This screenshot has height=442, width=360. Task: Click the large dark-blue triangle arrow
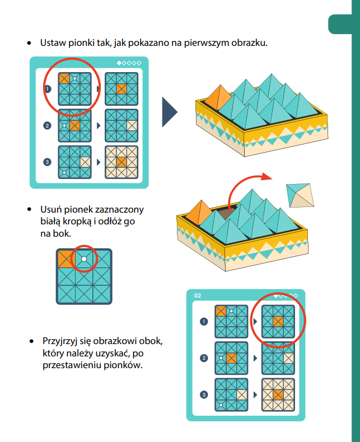[169, 111]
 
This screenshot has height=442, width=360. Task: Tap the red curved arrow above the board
[247, 182]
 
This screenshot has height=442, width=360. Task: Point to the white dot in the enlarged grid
[83, 260]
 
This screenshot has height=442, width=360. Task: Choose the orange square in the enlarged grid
[66, 260]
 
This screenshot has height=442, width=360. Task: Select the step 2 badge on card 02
[204, 358]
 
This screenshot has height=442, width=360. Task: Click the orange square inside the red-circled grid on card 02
[278, 321]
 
